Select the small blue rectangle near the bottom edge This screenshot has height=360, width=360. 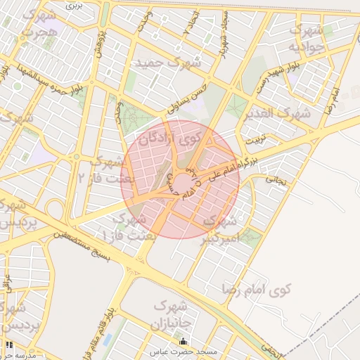[x=108, y=340]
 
